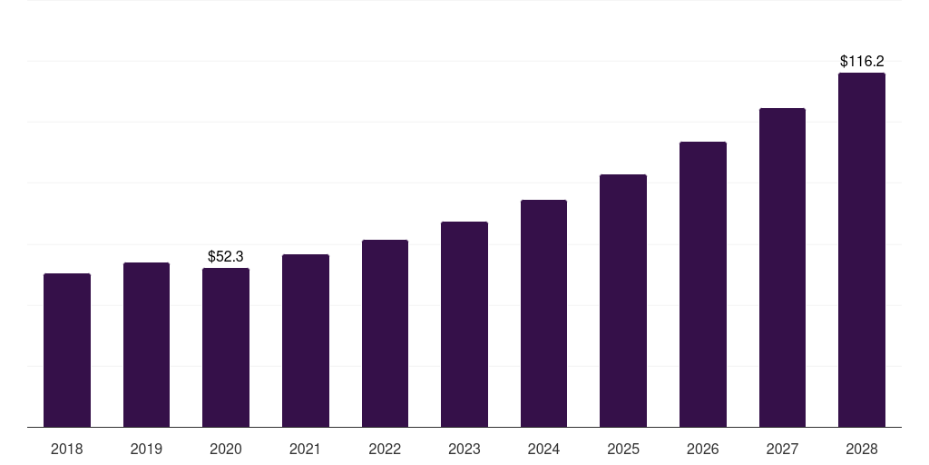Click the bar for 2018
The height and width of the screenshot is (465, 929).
(x=67, y=350)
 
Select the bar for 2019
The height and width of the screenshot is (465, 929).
(x=146, y=344)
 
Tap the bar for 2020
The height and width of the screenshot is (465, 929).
(x=226, y=347)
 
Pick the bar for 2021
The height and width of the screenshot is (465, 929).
(x=306, y=341)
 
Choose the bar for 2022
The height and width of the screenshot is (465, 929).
(x=385, y=333)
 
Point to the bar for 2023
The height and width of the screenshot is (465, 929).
(x=464, y=324)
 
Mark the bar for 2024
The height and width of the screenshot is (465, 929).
(x=543, y=313)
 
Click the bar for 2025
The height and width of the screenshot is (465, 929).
(x=623, y=301)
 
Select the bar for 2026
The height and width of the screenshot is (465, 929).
(x=703, y=284)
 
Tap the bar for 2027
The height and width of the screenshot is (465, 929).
(x=782, y=267)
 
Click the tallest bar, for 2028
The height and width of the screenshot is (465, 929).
(x=862, y=250)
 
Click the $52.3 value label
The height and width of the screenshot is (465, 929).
(x=226, y=257)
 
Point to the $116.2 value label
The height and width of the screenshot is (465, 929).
(x=862, y=62)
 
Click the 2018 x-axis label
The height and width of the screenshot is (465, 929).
(x=67, y=449)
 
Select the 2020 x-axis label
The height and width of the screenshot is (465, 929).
(x=226, y=449)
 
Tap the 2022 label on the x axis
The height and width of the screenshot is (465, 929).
(x=385, y=449)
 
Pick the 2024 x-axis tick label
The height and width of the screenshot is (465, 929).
(x=543, y=449)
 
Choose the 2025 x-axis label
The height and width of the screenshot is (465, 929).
(x=623, y=449)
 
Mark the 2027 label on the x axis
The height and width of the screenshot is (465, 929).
(x=782, y=449)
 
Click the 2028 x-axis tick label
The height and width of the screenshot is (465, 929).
(x=862, y=449)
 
